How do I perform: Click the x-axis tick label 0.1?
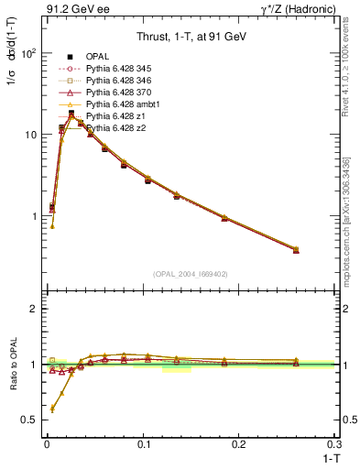click(x=143, y=443)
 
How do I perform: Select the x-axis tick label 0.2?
click(x=239, y=443)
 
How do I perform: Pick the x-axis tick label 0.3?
click(x=334, y=443)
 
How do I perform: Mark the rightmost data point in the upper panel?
click(x=296, y=249)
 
